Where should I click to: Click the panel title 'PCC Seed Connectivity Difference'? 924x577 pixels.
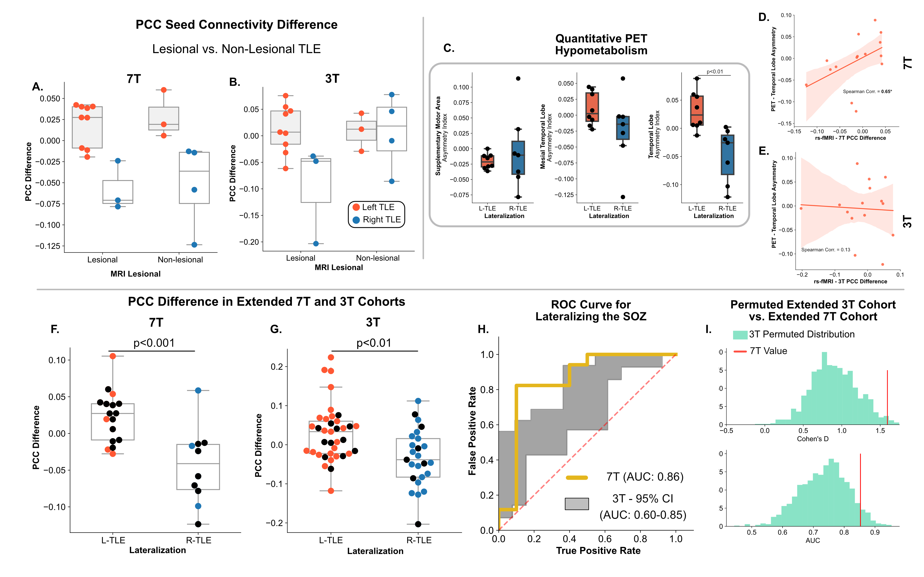[x=236, y=25]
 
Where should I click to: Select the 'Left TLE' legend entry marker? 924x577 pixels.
[x=356, y=207]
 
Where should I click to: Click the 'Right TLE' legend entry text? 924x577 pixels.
[x=382, y=220]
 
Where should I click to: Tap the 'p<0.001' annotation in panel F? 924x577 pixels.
[x=154, y=343]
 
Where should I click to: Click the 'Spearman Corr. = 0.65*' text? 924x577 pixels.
[x=867, y=92]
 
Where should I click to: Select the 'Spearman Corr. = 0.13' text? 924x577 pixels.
[x=826, y=250]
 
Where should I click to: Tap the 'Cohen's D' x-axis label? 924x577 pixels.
[x=812, y=439]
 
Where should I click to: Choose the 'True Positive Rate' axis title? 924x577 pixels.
[x=598, y=551]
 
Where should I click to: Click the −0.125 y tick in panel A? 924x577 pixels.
[x=48, y=246]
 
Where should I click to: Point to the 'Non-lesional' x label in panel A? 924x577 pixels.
[x=180, y=260]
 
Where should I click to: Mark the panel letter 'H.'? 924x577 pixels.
[x=483, y=329]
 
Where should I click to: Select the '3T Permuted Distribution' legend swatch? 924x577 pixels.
[x=740, y=335]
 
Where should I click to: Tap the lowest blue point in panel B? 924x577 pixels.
[x=316, y=244]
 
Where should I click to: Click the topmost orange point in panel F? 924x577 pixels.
[x=113, y=356]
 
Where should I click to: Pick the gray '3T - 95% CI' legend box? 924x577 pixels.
[x=577, y=504]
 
